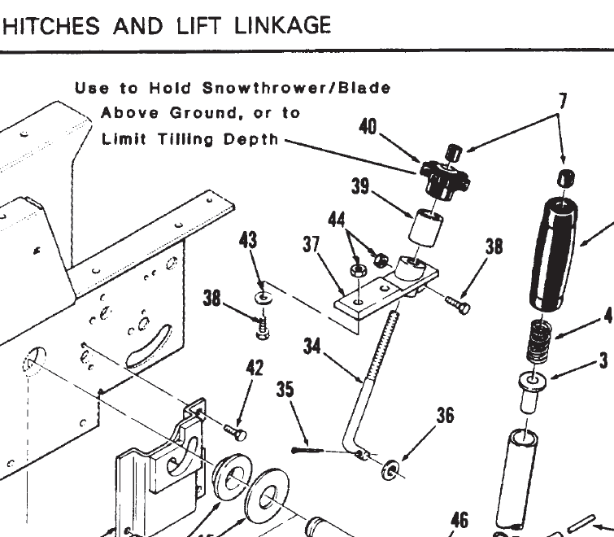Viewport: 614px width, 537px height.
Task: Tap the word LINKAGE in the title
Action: [x=284, y=25]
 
